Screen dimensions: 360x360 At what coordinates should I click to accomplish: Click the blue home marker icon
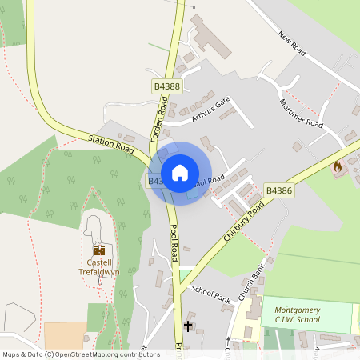pos(180,173)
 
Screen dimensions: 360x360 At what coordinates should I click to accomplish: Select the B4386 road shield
pos(278,190)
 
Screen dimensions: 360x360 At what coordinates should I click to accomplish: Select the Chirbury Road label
pos(245,221)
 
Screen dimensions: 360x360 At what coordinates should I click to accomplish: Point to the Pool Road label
pos(174,242)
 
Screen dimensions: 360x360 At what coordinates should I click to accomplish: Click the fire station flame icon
pos(337,168)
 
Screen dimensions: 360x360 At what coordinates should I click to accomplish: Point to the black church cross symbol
pos(189,326)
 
